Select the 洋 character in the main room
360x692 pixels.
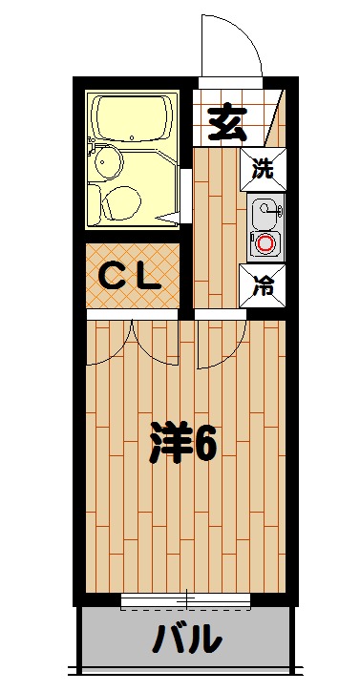168,444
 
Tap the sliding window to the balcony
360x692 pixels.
185,600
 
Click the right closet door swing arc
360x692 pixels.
155,344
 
